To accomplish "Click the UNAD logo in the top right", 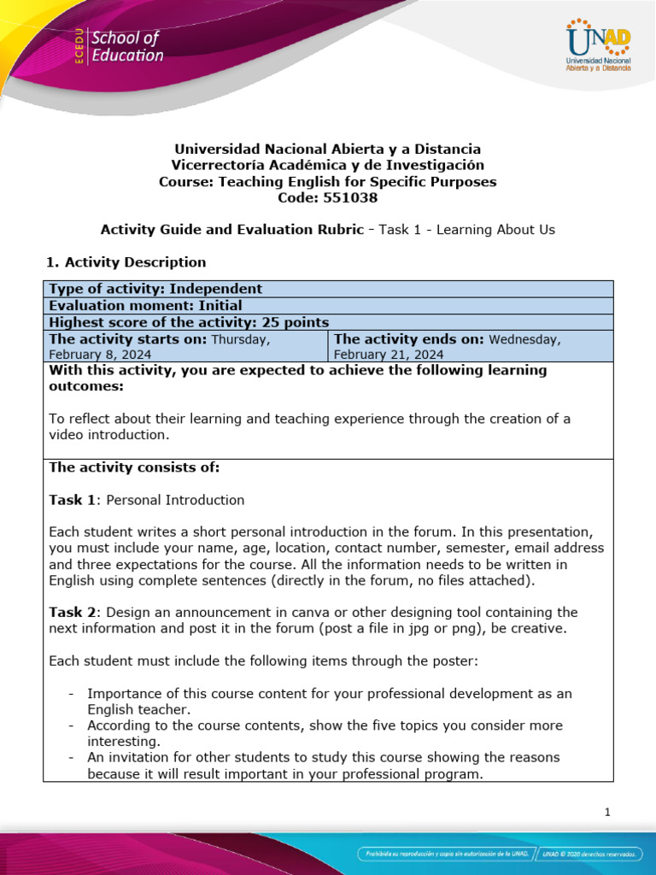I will coord(598,47).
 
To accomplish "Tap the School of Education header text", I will coord(126,47).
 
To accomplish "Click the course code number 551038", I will coord(350,197).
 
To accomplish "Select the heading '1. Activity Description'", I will coord(127,261).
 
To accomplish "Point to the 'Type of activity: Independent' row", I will coord(155,289).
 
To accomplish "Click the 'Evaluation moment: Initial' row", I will coord(145,305).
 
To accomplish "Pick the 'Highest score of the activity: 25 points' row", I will coord(189,322).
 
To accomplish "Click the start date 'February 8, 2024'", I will coord(100,354).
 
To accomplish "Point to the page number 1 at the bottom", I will coord(607,813).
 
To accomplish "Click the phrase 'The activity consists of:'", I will coord(134,467).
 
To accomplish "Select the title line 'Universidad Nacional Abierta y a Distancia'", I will coord(327,149).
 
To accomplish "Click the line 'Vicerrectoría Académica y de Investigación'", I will coord(327,165).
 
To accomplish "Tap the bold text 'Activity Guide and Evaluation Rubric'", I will coord(231,229).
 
